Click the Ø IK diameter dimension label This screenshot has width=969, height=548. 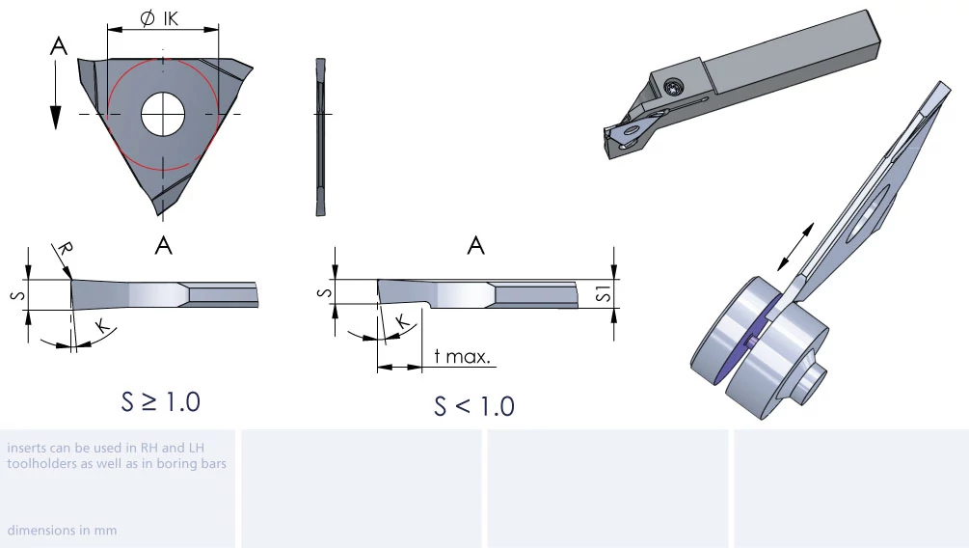pyautogui.click(x=159, y=18)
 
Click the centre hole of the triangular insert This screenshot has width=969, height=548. pyautogui.click(x=163, y=115)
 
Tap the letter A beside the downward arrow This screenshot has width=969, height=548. pyautogui.click(x=58, y=46)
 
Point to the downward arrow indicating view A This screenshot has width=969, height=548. pyautogui.click(x=56, y=96)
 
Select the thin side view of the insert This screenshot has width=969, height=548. pyautogui.click(x=320, y=137)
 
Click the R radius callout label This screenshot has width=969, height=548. pyautogui.click(x=65, y=249)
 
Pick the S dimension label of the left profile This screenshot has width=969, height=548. pyautogui.click(x=18, y=295)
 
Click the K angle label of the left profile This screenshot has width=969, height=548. pyautogui.click(x=102, y=326)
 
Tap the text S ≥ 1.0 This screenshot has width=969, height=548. pyautogui.click(x=161, y=402)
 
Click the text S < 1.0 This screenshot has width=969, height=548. pyautogui.click(x=474, y=406)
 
